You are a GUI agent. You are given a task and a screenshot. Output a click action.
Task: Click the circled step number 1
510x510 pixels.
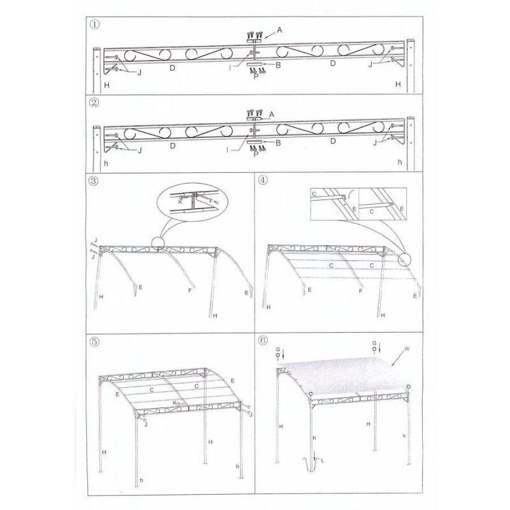[94, 25]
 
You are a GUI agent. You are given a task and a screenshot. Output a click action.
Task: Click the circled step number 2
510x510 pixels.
[94, 103]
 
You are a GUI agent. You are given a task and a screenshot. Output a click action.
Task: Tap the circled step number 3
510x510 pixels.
[94, 181]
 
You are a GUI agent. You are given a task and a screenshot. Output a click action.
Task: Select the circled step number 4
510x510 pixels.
[263, 180]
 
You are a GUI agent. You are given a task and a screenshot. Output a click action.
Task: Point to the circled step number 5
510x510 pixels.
[94, 342]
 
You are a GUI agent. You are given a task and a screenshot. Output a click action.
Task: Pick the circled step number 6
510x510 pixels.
[263, 340]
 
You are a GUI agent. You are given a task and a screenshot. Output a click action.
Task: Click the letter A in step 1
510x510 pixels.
[279, 30]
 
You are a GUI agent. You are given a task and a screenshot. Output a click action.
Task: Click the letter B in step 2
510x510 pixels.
[278, 143]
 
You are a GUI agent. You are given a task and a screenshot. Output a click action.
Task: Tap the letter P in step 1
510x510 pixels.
[256, 76]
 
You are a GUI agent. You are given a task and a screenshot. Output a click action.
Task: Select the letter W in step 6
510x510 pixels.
[407, 349]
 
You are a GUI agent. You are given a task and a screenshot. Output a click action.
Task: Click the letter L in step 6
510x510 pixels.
[323, 460]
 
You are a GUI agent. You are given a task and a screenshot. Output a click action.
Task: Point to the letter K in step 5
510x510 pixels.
[175, 403]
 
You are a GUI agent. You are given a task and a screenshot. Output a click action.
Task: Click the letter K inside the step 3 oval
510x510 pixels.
[180, 202]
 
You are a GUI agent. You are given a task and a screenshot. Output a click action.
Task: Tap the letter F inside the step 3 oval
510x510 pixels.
[211, 201]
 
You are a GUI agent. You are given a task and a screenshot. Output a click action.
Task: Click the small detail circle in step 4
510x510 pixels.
[405, 259]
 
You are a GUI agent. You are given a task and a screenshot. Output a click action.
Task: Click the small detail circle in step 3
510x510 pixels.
[158, 243]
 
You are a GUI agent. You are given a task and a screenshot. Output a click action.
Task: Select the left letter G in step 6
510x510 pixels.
[278, 349]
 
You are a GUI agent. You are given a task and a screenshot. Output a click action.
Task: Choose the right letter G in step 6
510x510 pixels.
[374, 343]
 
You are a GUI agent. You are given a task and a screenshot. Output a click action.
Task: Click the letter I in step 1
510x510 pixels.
[230, 68]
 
